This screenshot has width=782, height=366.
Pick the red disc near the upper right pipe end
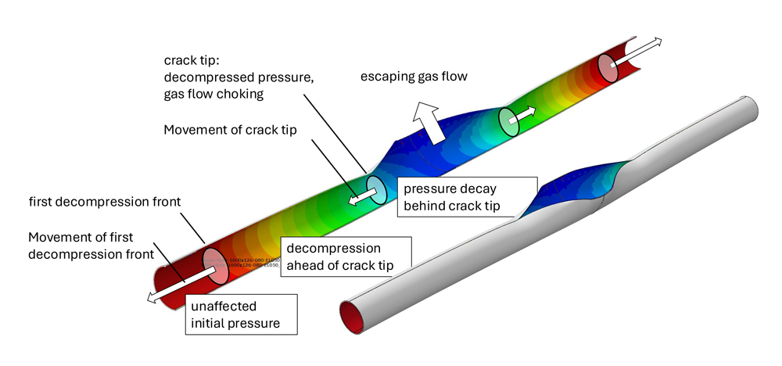click(608, 68)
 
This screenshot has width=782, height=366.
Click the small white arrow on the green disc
click(526, 114)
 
